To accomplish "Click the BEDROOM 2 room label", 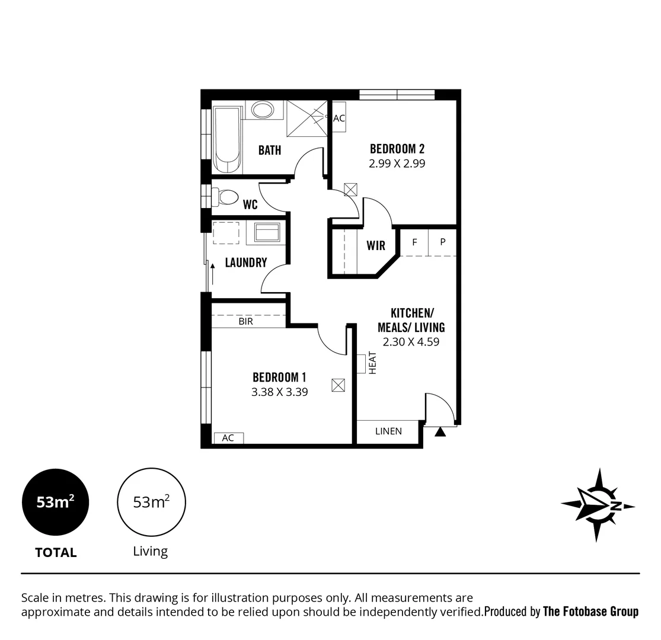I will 397,148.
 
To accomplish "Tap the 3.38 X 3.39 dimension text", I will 280,392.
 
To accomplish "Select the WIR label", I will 376,245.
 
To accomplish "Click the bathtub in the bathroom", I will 227,140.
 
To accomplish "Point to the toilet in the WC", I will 225,197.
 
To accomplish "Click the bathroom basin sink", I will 261,110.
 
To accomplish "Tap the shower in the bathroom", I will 306,118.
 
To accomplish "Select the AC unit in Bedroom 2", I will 339,119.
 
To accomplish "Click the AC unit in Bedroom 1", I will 228,438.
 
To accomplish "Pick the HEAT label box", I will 362,363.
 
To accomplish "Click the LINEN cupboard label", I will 388,431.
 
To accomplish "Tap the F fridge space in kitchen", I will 415,242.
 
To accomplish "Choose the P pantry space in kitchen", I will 442,242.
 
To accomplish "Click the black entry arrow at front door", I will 440,431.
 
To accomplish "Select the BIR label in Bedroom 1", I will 246,321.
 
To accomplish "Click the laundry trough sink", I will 267,232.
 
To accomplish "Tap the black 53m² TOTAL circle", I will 56,502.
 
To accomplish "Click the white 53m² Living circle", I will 151,502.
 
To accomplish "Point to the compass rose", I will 598,505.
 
